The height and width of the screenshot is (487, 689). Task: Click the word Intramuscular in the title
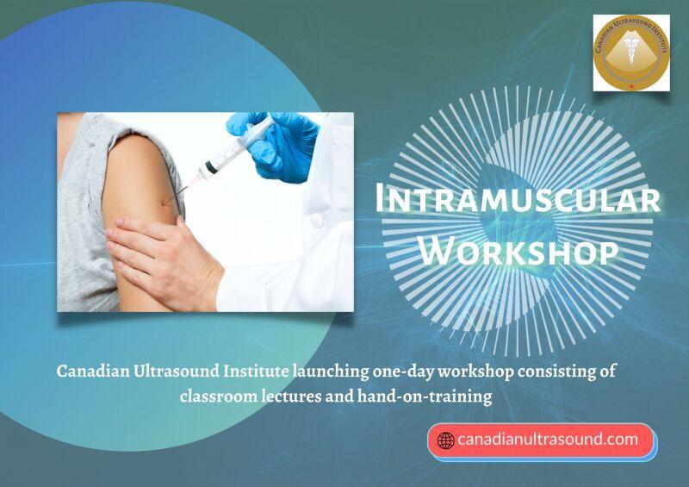[518, 200]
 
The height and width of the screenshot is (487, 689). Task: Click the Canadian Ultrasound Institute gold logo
[631, 53]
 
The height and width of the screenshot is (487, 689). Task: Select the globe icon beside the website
[445, 440]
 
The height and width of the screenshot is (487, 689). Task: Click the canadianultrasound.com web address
[548, 439]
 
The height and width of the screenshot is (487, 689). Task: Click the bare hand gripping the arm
[163, 259]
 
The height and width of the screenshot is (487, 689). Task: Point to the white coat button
[317, 221]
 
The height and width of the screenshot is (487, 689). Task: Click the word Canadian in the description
[93, 371]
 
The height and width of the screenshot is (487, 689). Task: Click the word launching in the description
[332, 372]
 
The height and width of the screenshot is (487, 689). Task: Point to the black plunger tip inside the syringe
[211, 167]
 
